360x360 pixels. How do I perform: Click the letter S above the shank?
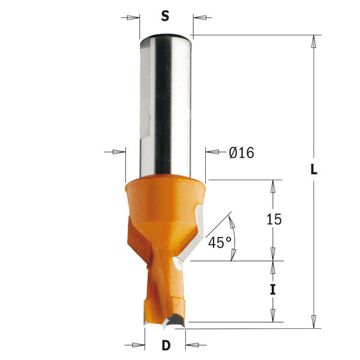pos(164,17)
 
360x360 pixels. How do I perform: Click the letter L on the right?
pos(313,169)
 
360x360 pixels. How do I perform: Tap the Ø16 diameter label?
pos(241,153)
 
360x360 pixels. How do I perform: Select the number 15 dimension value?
pos(273,220)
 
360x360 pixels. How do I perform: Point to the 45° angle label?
pos(220,242)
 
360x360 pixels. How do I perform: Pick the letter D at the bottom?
pos(165,346)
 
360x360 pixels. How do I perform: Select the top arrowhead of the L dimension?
pos(313,42)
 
